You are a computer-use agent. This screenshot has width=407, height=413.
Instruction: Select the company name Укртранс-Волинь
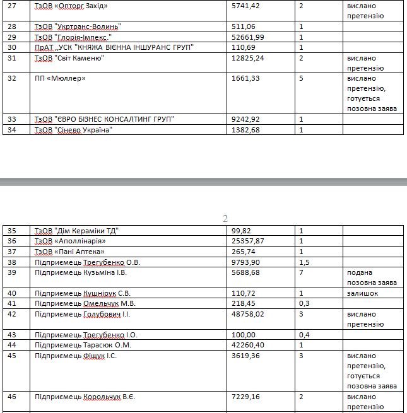point(88,26)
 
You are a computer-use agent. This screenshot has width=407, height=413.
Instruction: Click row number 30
point(11,47)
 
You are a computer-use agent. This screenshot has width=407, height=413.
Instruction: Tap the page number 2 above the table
point(225,219)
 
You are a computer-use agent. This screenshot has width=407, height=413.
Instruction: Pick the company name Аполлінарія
point(80,241)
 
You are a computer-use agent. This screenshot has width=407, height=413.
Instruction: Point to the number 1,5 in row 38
point(304,262)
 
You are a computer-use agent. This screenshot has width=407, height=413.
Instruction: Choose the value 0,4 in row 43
point(304,334)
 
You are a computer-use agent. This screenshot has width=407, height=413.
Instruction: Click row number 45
point(11,356)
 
